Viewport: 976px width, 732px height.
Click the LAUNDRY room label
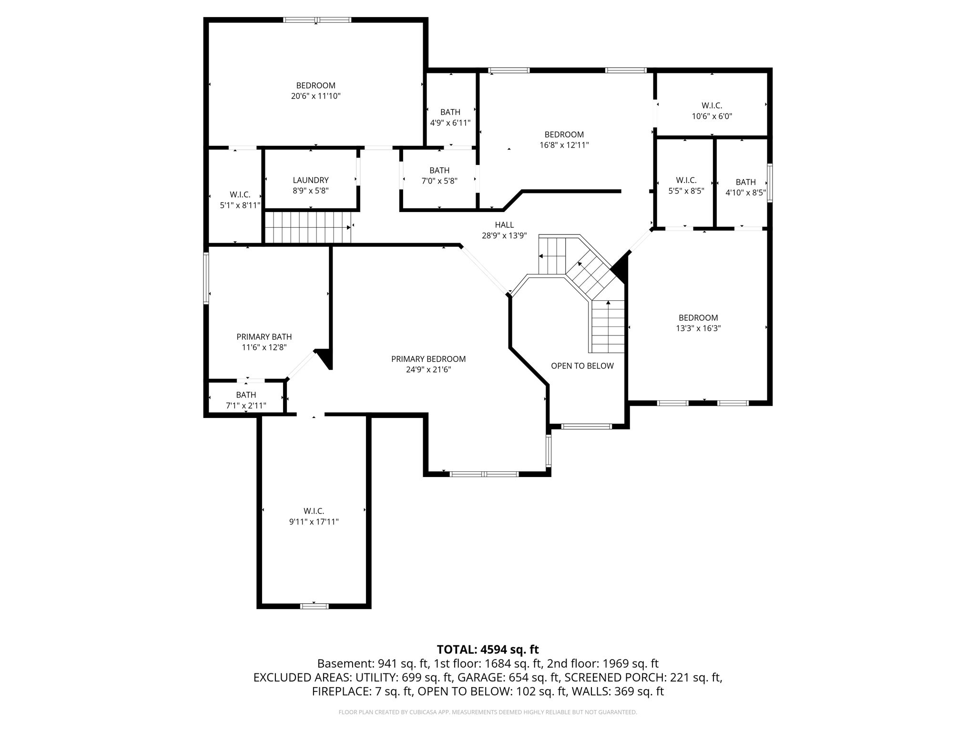click(x=310, y=180)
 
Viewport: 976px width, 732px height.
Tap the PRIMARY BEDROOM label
click(x=428, y=359)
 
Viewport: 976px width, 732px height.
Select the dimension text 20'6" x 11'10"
click(x=315, y=96)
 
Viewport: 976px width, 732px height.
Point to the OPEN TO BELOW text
click(x=582, y=366)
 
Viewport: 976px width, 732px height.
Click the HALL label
click(x=504, y=225)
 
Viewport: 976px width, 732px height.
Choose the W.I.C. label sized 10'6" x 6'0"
click(x=712, y=106)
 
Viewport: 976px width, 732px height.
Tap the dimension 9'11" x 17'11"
click(x=314, y=522)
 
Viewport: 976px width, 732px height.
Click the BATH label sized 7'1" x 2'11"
click(x=246, y=395)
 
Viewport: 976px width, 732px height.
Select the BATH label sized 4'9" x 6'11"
click(x=450, y=112)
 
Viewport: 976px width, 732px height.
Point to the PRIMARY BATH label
click(x=264, y=337)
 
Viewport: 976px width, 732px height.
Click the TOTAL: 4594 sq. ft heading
click(x=488, y=649)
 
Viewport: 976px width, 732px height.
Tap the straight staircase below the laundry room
click(x=308, y=227)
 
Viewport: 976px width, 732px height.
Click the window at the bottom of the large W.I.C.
click(x=314, y=606)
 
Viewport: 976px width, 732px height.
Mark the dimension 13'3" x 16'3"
click(x=698, y=328)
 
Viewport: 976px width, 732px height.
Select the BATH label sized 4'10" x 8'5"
click(x=745, y=182)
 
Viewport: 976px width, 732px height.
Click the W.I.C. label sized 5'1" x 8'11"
click(x=240, y=195)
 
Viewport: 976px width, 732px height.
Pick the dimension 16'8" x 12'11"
click(x=564, y=145)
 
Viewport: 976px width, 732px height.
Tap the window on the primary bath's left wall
click(x=206, y=278)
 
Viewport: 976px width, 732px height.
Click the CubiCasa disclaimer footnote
click(x=488, y=712)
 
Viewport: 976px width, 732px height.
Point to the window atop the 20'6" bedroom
click(x=317, y=20)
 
